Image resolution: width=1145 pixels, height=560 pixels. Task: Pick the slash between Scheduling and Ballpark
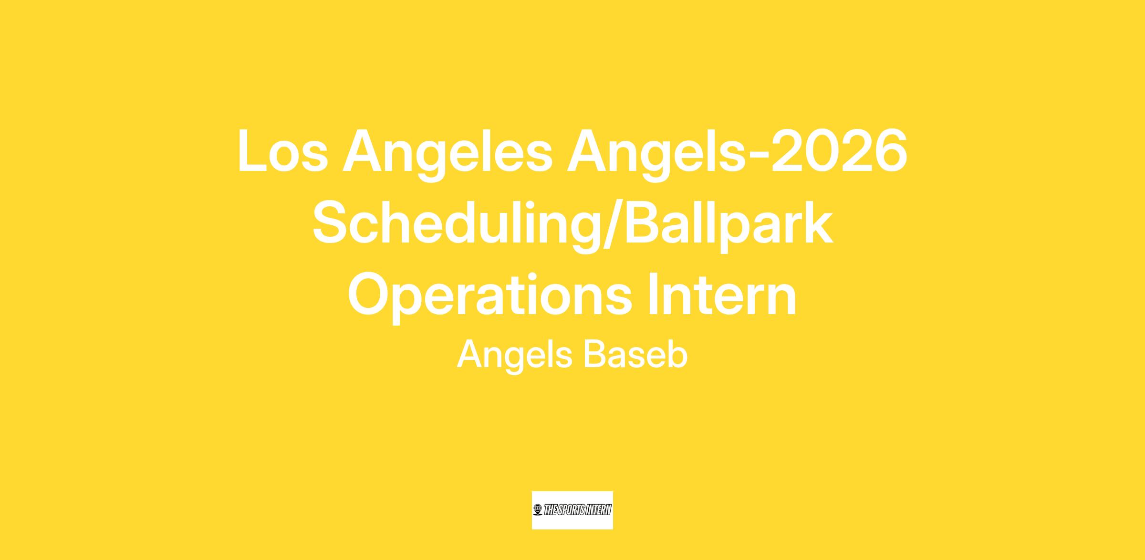coord(612,224)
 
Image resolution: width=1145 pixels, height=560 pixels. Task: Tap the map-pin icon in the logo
coord(538,510)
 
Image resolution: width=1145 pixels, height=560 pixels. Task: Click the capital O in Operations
coord(370,295)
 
